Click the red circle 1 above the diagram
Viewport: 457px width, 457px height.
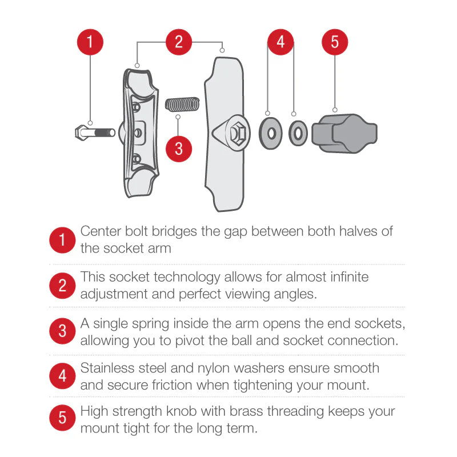[90, 42]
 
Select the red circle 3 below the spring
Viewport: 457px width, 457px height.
[179, 149]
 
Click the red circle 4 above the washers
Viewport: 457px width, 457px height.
[281, 42]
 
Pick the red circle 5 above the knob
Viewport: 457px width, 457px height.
[335, 42]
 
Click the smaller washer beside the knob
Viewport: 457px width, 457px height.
[297, 133]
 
